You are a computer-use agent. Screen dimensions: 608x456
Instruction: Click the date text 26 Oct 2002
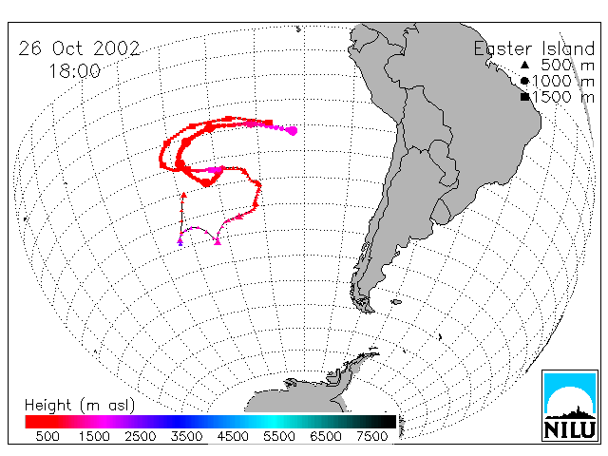(79, 48)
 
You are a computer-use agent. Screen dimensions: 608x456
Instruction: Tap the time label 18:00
(75, 71)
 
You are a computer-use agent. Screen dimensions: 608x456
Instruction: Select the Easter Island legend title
(534, 48)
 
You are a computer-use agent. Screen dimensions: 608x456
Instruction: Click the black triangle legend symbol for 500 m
(524, 65)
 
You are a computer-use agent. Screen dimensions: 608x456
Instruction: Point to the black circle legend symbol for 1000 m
(524, 81)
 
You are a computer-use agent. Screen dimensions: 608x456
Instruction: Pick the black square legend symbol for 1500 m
(524, 97)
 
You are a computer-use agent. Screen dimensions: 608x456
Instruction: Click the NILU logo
(570, 406)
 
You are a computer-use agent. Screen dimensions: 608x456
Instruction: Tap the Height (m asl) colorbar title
(80, 406)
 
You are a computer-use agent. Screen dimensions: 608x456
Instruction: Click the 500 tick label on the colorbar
(47, 437)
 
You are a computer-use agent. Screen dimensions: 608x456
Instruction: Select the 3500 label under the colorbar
(186, 437)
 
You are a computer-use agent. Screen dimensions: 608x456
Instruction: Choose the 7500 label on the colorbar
(371, 437)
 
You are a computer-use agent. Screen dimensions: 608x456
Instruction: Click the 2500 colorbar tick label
(140, 437)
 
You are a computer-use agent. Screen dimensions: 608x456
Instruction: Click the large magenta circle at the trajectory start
(293, 131)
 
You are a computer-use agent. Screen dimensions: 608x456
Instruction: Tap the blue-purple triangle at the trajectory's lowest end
(180, 243)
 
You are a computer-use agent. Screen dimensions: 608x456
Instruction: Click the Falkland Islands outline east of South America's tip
(396, 302)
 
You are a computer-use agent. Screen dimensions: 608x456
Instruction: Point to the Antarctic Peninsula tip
(375, 351)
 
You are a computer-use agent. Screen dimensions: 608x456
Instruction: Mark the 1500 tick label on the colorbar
(94, 437)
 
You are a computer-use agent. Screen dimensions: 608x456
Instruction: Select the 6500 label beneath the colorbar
(325, 437)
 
